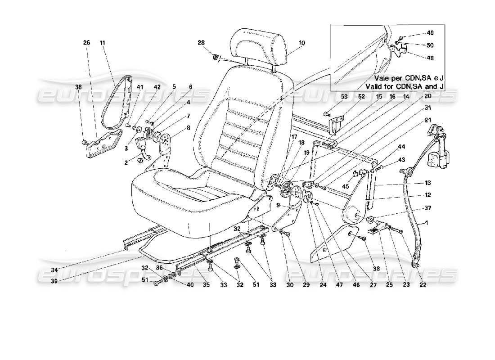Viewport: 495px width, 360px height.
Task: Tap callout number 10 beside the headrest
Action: coord(301,43)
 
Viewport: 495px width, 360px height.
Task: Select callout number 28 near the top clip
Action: coord(201,43)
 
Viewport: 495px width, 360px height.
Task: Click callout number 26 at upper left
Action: coord(86,43)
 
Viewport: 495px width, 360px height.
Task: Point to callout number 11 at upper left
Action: coord(103,43)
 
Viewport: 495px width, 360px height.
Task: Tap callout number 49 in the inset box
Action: coord(430,33)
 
